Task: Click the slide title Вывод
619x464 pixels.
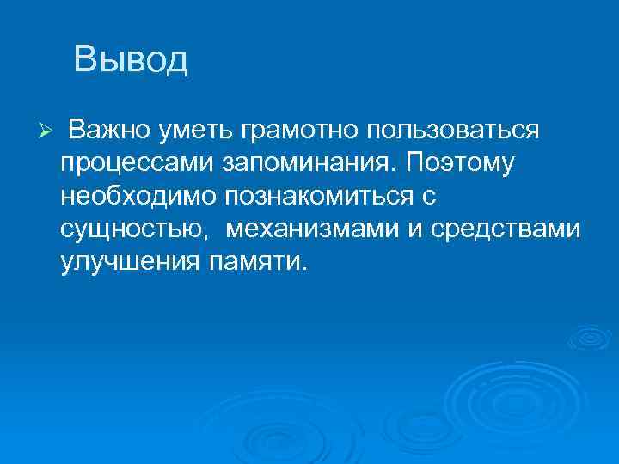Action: (x=130, y=60)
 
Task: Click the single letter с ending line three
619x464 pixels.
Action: (x=430, y=197)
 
